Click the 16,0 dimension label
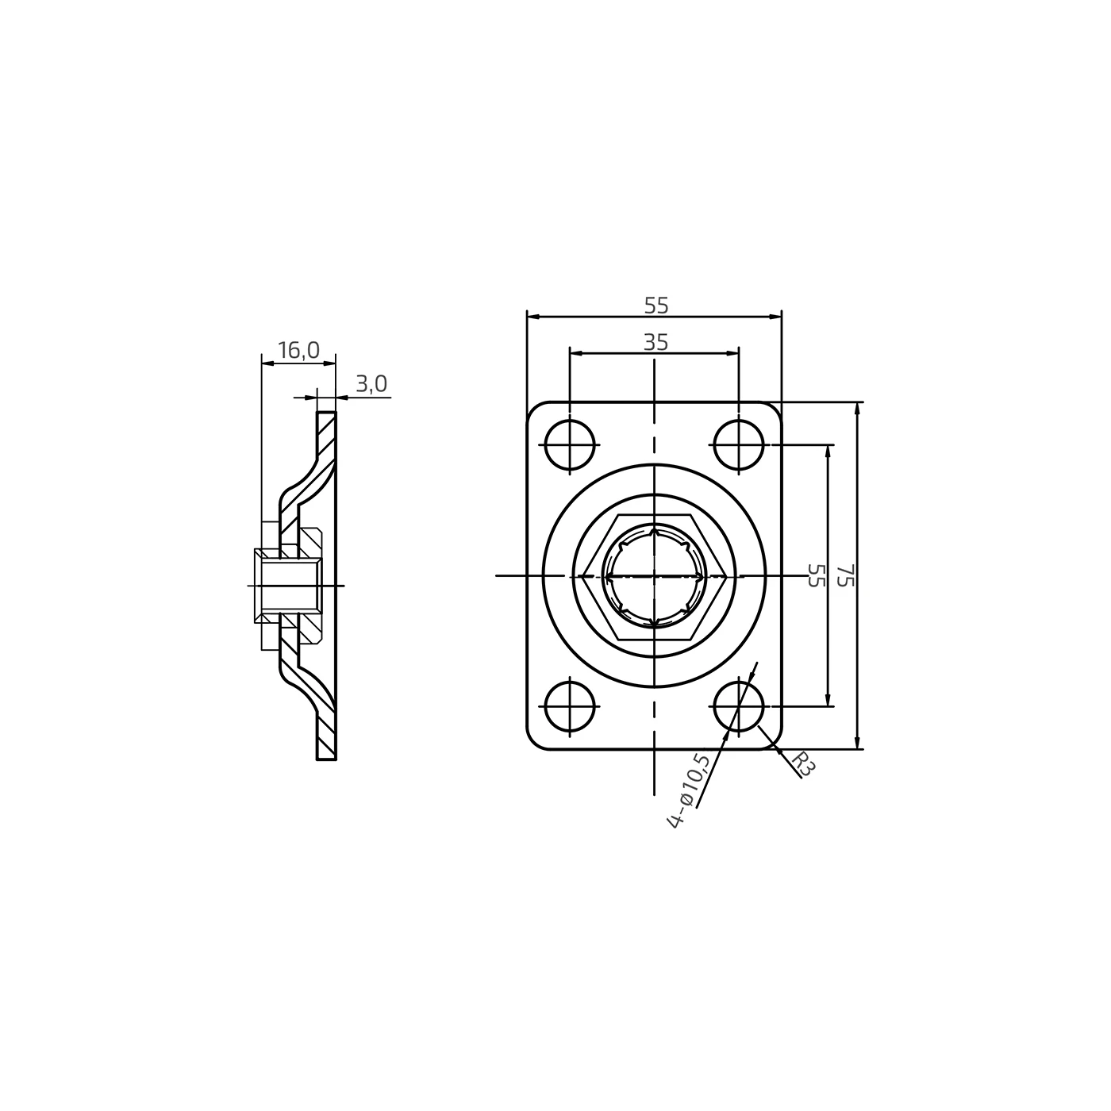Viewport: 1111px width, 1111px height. coord(298,350)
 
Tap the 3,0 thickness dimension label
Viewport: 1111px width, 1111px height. coord(371,383)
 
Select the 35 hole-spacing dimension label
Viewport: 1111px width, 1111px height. coord(655,343)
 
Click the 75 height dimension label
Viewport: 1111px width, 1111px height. coord(844,575)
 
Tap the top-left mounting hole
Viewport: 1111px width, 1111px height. coord(570,444)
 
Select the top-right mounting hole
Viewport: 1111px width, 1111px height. coord(739,444)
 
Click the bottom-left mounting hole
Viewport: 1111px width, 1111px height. coord(570,706)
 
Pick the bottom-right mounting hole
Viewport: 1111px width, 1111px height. coord(739,706)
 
